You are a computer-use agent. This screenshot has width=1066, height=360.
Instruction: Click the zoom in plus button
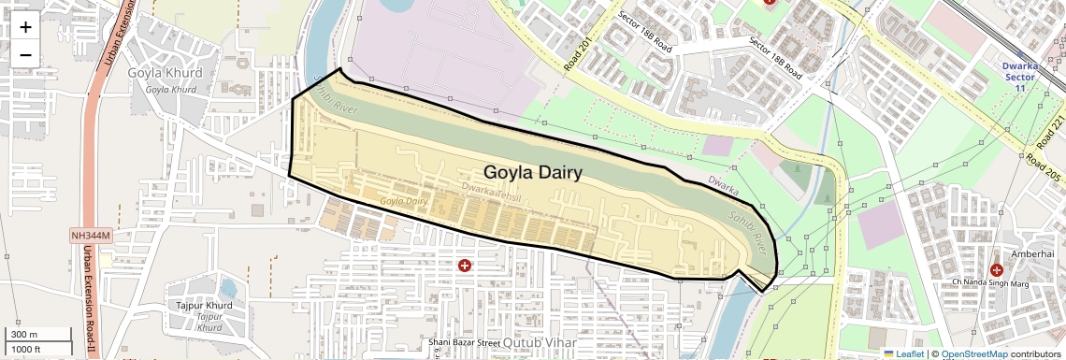pyautogui.click(x=25, y=26)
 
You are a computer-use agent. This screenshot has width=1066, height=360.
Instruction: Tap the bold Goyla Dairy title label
pyautogui.click(x=532, y=172)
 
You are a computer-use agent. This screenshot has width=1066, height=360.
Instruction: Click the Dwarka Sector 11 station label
pyautogui.click(x=1019, y=77)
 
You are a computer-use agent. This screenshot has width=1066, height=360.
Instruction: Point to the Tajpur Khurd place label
pyautogui.click(x=204, y=306)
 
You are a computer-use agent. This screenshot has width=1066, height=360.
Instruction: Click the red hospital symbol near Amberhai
pyautogui.click(x=996, y=270)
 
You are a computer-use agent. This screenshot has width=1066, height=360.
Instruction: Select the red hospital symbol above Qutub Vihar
pyautogui.click(x=464, y=266)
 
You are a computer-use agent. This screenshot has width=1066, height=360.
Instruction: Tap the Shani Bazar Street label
pyautogui.click(x=465, y=343)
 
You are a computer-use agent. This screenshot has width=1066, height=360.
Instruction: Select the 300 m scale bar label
pyautogui.click(x=25, y=334)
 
